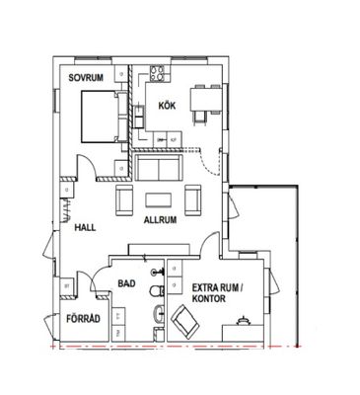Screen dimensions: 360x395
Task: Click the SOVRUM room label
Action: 86,78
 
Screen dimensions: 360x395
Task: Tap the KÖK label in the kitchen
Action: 167,106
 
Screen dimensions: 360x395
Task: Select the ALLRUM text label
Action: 160,220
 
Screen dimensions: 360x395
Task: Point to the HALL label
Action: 85,227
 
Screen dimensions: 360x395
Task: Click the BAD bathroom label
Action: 126,283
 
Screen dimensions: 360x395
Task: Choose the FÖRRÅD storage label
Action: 84,319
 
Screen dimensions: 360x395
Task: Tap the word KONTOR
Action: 209,299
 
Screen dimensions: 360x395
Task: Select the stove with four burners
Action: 157,73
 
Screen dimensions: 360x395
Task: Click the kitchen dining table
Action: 205,100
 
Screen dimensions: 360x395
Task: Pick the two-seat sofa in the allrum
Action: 159,168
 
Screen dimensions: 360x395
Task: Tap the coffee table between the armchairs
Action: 159,200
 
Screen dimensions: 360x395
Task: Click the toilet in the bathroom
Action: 157,291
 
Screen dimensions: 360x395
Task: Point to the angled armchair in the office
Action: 184,322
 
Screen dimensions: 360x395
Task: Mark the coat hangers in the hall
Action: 66,209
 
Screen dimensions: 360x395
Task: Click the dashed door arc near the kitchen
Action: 211,162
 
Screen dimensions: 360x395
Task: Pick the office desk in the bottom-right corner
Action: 243,333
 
